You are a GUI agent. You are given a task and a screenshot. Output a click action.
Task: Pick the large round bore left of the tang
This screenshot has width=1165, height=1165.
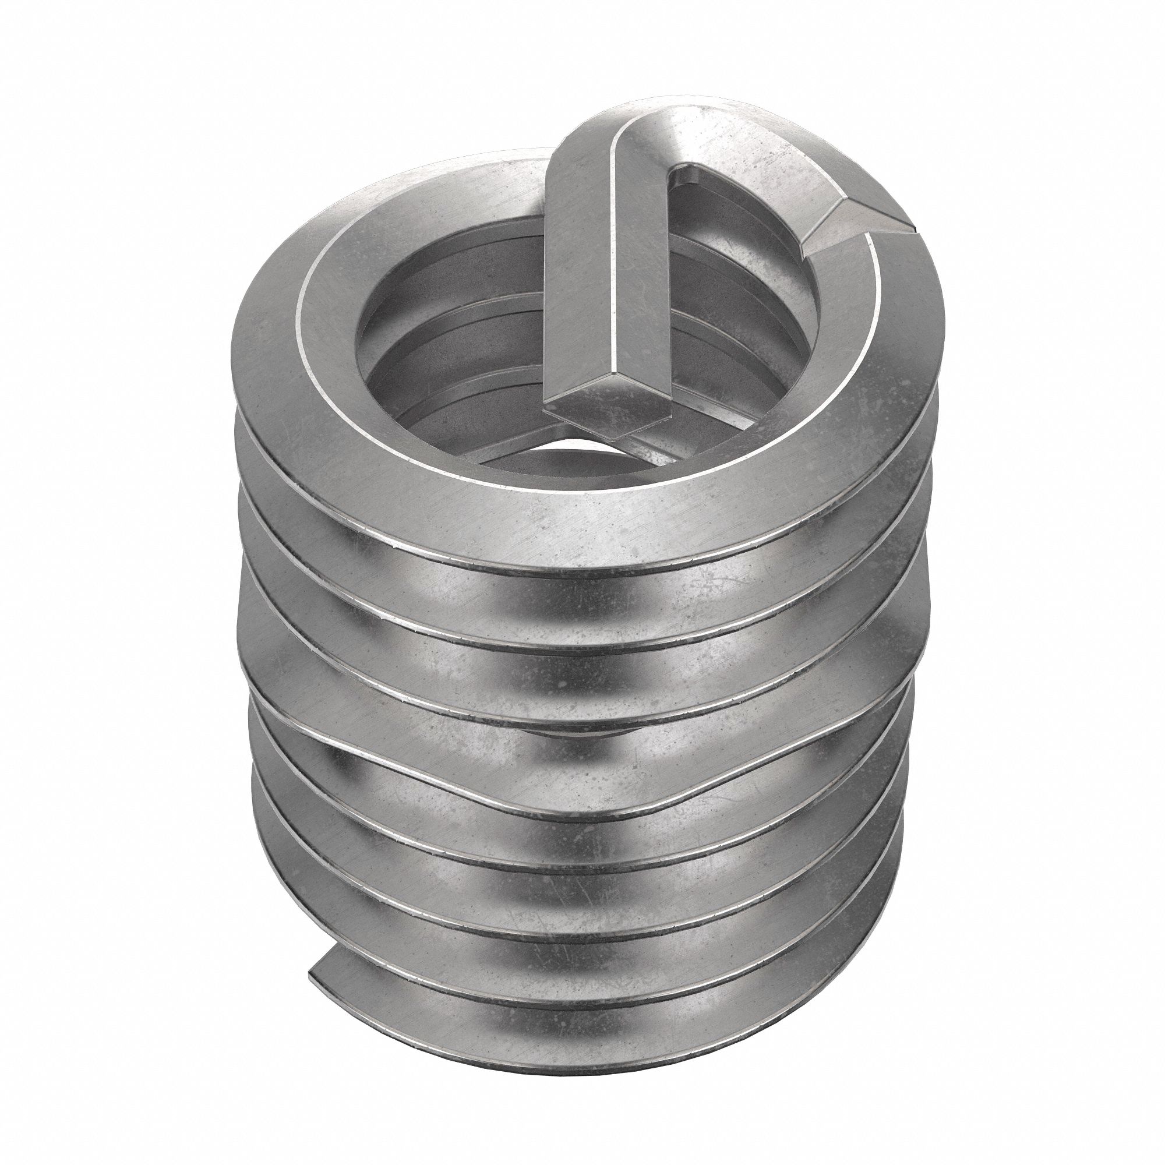click(x=458, y=338)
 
